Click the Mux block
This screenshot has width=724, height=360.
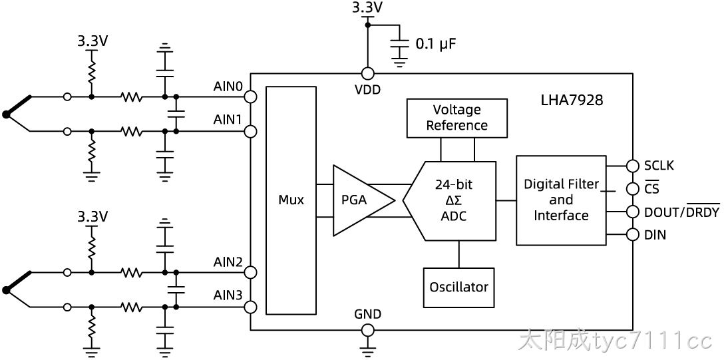[291, 200]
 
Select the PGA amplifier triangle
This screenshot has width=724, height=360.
[360, 200]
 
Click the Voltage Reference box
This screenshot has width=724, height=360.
[456, 118]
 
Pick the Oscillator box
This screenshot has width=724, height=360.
[458, 287]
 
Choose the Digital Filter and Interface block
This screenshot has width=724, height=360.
[561, 200]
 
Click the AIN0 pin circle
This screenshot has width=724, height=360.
[250, 97]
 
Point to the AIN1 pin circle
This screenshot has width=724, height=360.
[250, 132]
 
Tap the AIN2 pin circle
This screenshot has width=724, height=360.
[250, 272]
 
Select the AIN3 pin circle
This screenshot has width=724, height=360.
[250, 307]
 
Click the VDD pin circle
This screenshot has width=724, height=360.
[367, 73]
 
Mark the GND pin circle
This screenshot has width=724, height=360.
[367, 330]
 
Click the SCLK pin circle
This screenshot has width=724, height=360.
[632, 166]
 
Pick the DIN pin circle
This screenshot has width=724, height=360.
[632, 235]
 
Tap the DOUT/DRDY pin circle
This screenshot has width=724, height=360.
[632, 212]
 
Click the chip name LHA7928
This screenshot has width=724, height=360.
[572, 100]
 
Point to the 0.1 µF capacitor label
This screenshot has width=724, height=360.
[437, 45]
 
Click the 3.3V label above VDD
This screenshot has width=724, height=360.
[367, 7]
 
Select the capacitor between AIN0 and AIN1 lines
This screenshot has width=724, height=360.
[176, 114]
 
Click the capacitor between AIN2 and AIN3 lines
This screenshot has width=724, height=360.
[176, 289]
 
